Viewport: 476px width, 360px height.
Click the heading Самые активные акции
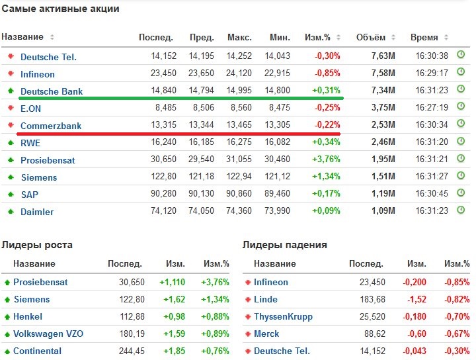pyautogui.click(x=60, y=10)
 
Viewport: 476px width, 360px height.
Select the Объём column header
pyautogui.click(x=370, y=37)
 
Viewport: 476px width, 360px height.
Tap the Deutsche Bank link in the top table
pyautogui.click(x=52, y=91)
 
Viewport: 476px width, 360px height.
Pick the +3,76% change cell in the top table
pyautogui.click(x=327, y=160)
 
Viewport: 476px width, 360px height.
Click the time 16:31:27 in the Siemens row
pyautogui.click(x=432, y=177)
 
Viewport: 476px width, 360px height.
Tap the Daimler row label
pyautogui.click(x=37, y=212)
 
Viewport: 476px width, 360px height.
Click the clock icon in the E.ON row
pyautogui.click(x=461, y=107)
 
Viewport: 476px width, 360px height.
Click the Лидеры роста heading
pyautogui.click(x=37, y=245)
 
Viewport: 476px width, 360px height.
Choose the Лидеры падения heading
pyautogui.click(x=284, y=245)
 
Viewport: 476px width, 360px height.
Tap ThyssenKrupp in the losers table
pyautogui.click(x=283, y=316)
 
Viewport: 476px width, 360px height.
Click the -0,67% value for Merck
pyautogui.click(x=456, y=334)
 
